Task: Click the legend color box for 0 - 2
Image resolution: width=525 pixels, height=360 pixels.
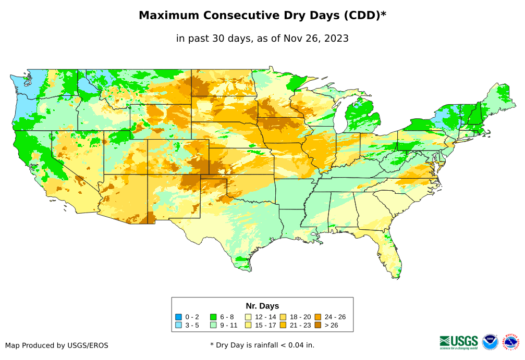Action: coord(179,317)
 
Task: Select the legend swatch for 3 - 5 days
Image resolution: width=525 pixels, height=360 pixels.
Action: coord(179,326)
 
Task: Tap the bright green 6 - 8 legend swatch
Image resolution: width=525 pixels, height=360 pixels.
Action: coord(213,317)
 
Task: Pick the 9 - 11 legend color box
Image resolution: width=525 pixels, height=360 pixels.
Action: coord(213,326)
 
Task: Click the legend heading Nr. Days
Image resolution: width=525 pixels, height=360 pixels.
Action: coord(262,306)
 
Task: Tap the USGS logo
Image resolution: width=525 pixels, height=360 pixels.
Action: coord(459,342)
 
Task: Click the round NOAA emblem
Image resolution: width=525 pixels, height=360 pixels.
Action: coord(490,342)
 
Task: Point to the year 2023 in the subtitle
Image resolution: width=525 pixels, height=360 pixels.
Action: coord(336,38)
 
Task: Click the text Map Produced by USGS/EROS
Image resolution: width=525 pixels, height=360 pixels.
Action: coord(57,345)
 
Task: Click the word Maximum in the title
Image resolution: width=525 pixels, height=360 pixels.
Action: coord(168,16)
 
